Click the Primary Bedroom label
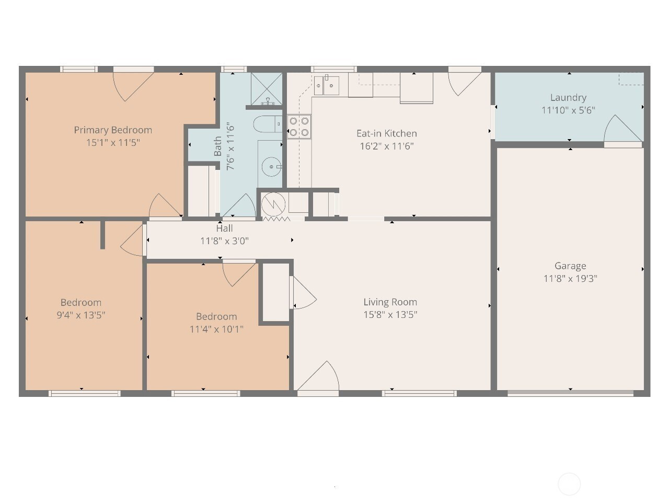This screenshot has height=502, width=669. (x=113, y=130)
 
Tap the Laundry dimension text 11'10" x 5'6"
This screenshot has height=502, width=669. (x=568, y=110)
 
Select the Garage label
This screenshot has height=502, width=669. (x=570, y=266)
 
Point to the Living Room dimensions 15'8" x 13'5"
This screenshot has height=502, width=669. (x=390, y=315)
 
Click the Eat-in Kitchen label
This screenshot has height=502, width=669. (x=387, y=133)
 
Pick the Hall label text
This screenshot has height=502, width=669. (x=224, y=229)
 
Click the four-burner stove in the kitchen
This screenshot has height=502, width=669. (x=299, y=127)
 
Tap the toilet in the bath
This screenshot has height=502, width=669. (x=268, y=124)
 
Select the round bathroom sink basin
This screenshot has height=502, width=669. (x=271, y=167)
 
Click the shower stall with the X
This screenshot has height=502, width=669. (x=267, y=88)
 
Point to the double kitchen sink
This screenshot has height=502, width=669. (x=327, y=86)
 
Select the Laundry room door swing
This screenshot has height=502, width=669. (x=623, y=128)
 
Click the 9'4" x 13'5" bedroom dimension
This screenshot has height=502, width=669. (x=81, y=315)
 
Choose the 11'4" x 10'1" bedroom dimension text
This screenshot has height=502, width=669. (x=216, y=329)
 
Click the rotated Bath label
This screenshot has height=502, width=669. (x=217, y=146)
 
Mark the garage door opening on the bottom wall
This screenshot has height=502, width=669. (x=570, y=393)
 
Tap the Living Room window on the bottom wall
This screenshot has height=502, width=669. (x=419, y=393)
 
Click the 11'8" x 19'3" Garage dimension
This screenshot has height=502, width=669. (x=570, y=279)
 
